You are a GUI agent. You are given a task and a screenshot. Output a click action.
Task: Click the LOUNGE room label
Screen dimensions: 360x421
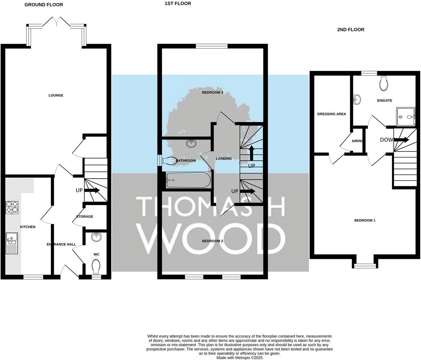(x=56, y=95)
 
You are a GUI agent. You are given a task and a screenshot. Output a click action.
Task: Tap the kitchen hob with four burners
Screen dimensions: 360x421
(x=12, y=208)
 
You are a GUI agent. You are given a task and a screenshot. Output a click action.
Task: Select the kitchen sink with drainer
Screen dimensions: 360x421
(x=11, y=243)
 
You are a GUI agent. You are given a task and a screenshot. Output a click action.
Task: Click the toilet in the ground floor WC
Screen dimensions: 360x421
(x=96, y=267)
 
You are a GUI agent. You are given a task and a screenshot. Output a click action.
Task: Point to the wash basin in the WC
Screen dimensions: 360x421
(x=96, y=237)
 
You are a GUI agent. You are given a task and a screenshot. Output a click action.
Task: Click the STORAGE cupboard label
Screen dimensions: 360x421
(x=84, y=217)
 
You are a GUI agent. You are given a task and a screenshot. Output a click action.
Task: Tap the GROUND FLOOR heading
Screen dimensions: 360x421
(x=44, y=5)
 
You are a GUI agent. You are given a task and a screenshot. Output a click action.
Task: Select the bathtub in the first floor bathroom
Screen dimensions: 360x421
(x=188, y=180)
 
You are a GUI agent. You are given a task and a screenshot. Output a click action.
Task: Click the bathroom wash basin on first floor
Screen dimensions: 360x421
(x=191, y=144)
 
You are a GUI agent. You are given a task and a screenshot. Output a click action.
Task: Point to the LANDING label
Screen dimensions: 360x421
(x=224, y=159)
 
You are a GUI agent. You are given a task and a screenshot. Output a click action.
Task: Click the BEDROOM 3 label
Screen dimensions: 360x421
(x=213, y=92)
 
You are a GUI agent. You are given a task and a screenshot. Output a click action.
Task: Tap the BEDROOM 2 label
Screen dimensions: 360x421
(x=213, y=241)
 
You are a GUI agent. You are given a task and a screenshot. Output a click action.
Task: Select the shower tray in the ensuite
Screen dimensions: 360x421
(x=406, y=117)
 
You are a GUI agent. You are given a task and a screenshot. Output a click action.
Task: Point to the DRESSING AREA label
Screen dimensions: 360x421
(x=331, y=114)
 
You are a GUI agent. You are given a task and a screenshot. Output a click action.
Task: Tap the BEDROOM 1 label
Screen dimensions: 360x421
(x=365, y=220)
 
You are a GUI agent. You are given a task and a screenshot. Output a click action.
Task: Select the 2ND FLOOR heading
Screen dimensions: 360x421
(x=350, y=30)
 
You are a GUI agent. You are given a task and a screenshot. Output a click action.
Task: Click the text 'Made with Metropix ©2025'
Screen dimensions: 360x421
(x=239, y=358)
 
